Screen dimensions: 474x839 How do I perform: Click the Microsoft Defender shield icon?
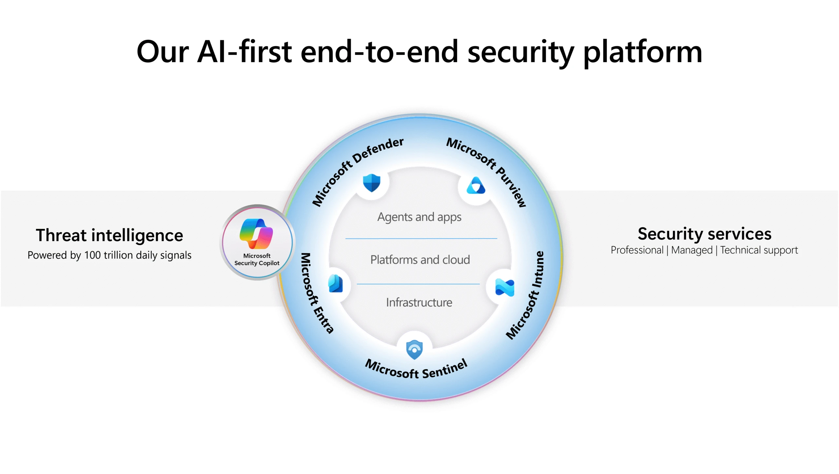tap(371, 183)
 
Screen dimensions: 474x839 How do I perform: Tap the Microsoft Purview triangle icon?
tap(476, 186)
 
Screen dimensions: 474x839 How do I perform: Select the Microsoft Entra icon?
tap(336, 284)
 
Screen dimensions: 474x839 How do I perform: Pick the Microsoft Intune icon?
tap(505, 287)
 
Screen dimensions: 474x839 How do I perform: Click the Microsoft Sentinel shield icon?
tap(414, 350)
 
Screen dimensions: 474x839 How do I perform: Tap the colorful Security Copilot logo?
tap(256, 234)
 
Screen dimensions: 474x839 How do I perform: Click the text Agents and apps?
tap(419, 217)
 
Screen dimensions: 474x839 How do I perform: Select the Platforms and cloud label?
tap(420, 260)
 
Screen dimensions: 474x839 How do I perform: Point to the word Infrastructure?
tap(419, 302)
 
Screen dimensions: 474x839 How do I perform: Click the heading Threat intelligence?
tap(109, 235)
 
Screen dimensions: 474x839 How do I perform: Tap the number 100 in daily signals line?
tap(92, 255)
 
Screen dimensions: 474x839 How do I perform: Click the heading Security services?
tap(704, 234)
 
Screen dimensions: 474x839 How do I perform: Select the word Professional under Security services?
tap(637, 250)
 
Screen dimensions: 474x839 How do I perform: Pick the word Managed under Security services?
tap(692, 250)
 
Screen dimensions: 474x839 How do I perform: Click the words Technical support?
tap(759, 250)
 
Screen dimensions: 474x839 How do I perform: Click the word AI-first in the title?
tap(244, 52)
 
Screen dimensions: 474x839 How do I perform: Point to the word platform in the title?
tap(643, 52)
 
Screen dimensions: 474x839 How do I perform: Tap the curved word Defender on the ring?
tap(379, 150)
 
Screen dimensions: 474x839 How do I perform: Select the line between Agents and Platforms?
tap(421, 238)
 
